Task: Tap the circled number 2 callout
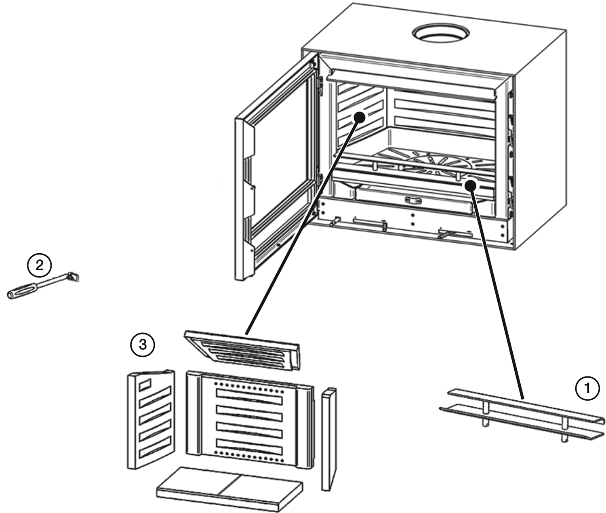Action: [39, 265]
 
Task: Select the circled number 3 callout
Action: [142, 345]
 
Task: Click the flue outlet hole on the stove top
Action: [441, 33]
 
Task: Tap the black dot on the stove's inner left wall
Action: [359, 117]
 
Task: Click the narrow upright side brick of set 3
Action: [329, 438]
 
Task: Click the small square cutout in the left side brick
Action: [145, 384]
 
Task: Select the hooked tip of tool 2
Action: [74, 276]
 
